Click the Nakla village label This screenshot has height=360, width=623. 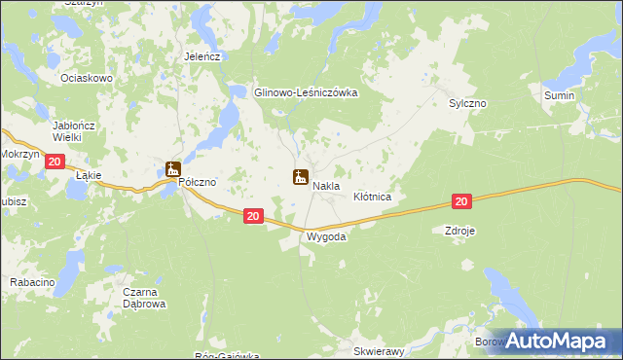point(325,186)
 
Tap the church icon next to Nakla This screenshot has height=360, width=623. point(301,176)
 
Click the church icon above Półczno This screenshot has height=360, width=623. point(173,169)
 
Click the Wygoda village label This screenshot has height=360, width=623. point(326,236)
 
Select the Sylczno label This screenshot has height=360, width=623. point(467,102)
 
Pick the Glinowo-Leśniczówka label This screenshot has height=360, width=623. point(307,92)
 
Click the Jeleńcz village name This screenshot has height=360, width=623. point(203,56)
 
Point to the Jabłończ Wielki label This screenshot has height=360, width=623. point(80,132)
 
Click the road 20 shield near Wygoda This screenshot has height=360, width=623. point(252,218)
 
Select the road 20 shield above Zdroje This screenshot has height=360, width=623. point(461,201)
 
